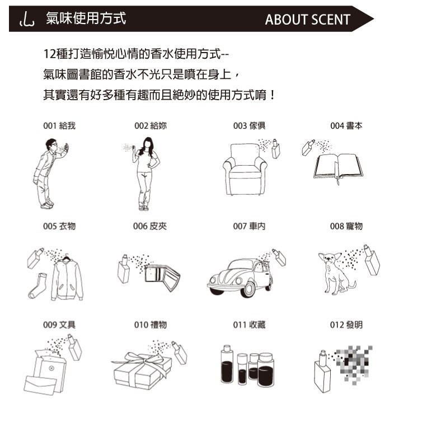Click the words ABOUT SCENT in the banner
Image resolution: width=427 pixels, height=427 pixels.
click(307, 20)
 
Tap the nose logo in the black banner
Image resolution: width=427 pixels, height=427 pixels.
click(27, 19)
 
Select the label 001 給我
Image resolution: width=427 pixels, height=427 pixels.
click(59, 126)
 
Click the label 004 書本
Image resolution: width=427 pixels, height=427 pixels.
click(346, 126)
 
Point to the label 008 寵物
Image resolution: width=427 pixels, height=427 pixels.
click(346, 226)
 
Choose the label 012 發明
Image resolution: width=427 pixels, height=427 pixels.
click(346, 325)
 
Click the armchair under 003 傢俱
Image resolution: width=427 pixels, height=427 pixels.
click(245, 170)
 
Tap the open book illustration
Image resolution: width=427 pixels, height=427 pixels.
click(338, 167)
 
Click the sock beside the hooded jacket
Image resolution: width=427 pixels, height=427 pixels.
click(38, 286)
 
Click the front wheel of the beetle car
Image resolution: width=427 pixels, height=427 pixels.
click(248, 289)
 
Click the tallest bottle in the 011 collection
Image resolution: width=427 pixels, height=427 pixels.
click(227, 364)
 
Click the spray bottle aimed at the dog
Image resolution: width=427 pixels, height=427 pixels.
click(372, 260)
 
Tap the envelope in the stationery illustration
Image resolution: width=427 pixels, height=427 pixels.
click(40, 385)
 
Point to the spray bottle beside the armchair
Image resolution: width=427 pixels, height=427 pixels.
click(275, 149)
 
